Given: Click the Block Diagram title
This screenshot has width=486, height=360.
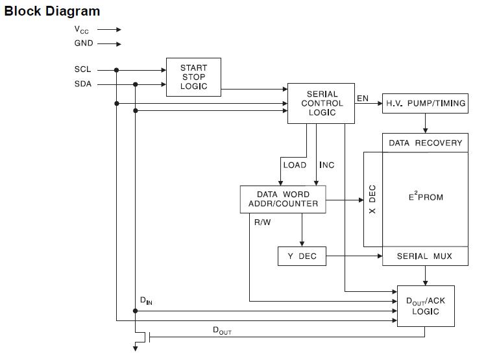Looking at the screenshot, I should [x=53, y=11].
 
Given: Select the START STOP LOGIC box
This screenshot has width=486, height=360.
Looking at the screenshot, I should [x=193, y=77].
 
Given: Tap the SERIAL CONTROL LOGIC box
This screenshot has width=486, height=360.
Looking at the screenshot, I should [x=322, y=103].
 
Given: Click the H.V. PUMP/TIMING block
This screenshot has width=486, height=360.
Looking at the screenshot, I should [x=426, y=103].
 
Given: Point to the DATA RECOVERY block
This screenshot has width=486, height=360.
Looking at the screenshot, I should [x=426, y=143].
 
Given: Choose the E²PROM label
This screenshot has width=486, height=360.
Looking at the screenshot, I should [x=426, y=196].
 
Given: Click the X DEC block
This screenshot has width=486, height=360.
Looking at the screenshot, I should [x=372, y=199].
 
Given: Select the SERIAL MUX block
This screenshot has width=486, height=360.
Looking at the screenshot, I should [x=426, y=256].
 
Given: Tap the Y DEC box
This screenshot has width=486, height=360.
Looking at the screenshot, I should [x=302, y=256].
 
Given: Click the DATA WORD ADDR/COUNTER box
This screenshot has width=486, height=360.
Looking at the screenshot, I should [x=283, y=198].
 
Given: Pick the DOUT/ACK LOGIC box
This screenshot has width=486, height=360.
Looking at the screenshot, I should [x=426, y=306].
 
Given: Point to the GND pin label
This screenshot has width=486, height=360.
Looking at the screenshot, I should [x=84, y=43].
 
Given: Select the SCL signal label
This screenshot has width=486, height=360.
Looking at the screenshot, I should [x=83, y=69].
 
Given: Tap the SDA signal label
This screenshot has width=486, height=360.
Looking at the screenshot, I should [x=83, y=84].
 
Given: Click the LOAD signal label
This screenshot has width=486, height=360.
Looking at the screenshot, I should [x=295, y=165].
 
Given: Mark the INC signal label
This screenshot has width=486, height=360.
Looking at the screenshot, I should [x=327, y=165].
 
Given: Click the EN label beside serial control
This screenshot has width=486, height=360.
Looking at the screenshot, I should [x=363, y=99].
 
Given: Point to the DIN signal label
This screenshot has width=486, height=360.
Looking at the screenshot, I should [x=146, y=301].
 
